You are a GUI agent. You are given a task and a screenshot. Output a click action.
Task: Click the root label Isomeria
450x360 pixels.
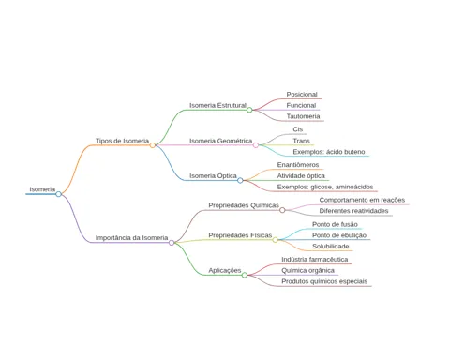42,189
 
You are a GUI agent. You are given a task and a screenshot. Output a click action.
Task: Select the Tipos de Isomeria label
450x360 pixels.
122,141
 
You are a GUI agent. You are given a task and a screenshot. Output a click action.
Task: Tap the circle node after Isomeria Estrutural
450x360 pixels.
249,110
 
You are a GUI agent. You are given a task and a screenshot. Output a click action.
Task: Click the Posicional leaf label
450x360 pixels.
302,95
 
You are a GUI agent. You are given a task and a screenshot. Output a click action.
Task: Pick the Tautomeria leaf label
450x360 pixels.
303,116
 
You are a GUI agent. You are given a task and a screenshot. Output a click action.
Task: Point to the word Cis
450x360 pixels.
298,129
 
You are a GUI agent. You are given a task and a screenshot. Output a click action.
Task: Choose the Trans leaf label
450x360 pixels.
301,141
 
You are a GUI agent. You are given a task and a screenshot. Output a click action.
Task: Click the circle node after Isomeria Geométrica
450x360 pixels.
256,145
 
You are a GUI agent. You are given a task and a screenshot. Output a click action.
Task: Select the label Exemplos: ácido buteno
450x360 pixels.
329,152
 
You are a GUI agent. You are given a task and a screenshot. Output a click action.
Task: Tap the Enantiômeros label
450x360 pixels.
298,165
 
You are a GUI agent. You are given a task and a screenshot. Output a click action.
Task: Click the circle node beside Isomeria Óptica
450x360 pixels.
240,180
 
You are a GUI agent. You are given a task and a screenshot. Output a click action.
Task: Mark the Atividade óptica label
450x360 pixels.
301,176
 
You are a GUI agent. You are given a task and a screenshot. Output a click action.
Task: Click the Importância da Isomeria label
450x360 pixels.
131,238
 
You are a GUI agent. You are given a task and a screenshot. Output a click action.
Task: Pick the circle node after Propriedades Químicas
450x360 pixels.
282,210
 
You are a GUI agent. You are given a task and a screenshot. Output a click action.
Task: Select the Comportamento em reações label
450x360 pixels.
362,200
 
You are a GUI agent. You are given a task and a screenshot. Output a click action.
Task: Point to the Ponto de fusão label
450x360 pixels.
335,224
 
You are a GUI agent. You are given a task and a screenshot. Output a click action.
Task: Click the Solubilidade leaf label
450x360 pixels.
330,247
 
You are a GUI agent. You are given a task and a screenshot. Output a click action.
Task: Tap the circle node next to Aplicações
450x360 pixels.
245,275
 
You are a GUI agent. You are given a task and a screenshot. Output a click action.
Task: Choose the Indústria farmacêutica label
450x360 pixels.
314,260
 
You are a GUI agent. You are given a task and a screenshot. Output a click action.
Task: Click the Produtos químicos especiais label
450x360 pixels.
324,281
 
